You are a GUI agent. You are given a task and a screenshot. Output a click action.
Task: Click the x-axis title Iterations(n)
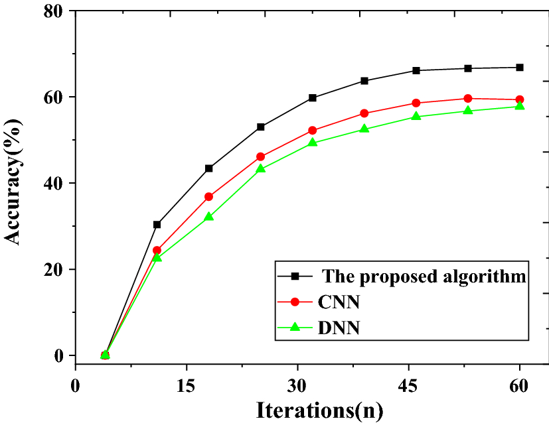click(x=320, y=410)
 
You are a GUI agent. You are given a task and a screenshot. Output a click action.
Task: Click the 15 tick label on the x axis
click(x=187, y=385)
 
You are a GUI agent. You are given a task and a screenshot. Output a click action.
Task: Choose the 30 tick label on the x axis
click(x=297, y=385)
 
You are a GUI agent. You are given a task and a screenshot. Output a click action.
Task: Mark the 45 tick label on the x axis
click(x=408, y=385)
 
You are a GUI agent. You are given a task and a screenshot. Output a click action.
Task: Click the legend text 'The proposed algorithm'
click(x=424, y=275)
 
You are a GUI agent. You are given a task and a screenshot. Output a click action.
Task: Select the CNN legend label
click(x=339, y=302)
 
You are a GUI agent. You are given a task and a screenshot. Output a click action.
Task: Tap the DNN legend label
click(x=339, y=327)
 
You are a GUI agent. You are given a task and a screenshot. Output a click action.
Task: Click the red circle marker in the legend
click(x=297, y=302)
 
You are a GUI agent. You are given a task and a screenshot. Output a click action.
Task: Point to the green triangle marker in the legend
click(x=297, y=326)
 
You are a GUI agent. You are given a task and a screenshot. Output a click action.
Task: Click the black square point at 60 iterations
click(x=520, y=67)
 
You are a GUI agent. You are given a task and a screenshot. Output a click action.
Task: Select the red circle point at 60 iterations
click(x=520, y=99)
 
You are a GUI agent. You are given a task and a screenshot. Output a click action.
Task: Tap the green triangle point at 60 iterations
click(x=520, y=106)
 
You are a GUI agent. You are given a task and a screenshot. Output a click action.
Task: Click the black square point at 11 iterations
click(x=157, y=225)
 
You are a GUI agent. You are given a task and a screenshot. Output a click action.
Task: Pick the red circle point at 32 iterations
click(x=312, y=131)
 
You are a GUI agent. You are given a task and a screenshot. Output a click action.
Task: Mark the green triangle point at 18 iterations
click(x=208, y=217)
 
